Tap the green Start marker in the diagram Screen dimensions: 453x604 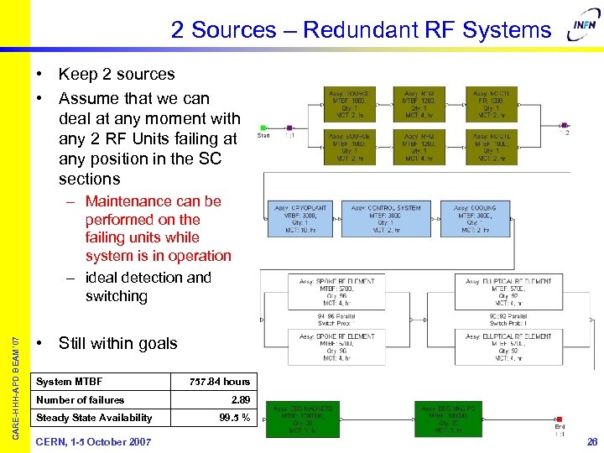263,128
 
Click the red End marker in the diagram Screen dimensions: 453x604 558,419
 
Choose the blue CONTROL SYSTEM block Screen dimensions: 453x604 386,219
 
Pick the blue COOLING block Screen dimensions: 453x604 476,219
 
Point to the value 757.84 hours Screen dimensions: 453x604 220,382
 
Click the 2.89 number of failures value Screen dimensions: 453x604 239,400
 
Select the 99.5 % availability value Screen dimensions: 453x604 234,418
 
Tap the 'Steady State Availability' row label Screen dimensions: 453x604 94,418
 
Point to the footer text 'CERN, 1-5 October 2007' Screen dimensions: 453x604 93,441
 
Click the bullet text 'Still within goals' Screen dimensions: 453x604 117,343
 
